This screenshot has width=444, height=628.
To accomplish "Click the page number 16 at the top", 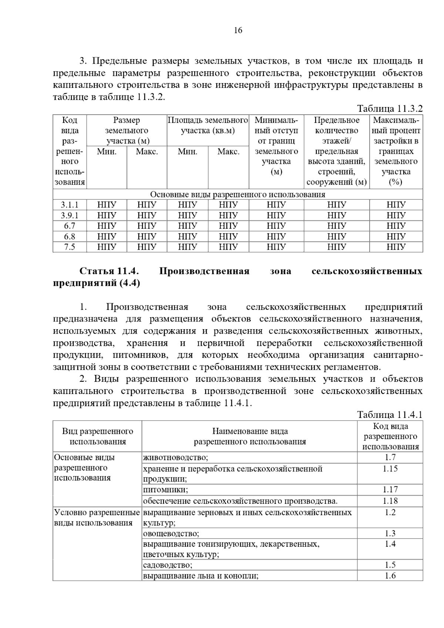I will coord(238,31).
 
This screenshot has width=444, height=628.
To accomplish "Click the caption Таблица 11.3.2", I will coord(389,109).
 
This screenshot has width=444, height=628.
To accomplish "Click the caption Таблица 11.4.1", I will coord(389,415).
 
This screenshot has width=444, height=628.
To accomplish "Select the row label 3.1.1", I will coord(70,205).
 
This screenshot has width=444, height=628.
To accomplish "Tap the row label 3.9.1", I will coord(70,215).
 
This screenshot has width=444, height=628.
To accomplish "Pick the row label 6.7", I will coord(70,226).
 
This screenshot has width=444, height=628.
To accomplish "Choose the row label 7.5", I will coord(70,247).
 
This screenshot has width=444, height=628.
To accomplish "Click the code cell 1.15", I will coord(390,469).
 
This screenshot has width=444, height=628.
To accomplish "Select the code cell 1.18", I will coord(390,501).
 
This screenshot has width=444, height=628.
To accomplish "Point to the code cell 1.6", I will coord(390,575).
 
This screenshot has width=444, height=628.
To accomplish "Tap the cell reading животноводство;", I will coord(176,458).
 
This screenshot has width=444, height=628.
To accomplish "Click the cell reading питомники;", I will coord(165,490).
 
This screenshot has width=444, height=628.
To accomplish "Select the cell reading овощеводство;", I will coord(171,533).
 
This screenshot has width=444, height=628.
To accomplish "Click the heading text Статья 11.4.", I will coord(109,271).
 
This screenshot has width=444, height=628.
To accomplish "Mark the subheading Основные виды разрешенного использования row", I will coord(238,194).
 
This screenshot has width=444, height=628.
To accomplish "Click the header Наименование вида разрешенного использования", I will coord(250,436).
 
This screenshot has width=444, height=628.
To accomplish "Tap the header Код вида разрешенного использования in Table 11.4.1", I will coord(390,436).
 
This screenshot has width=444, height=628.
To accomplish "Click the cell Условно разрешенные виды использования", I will coord(97,517).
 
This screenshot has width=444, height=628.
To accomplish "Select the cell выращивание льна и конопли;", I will coord(201,576).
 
